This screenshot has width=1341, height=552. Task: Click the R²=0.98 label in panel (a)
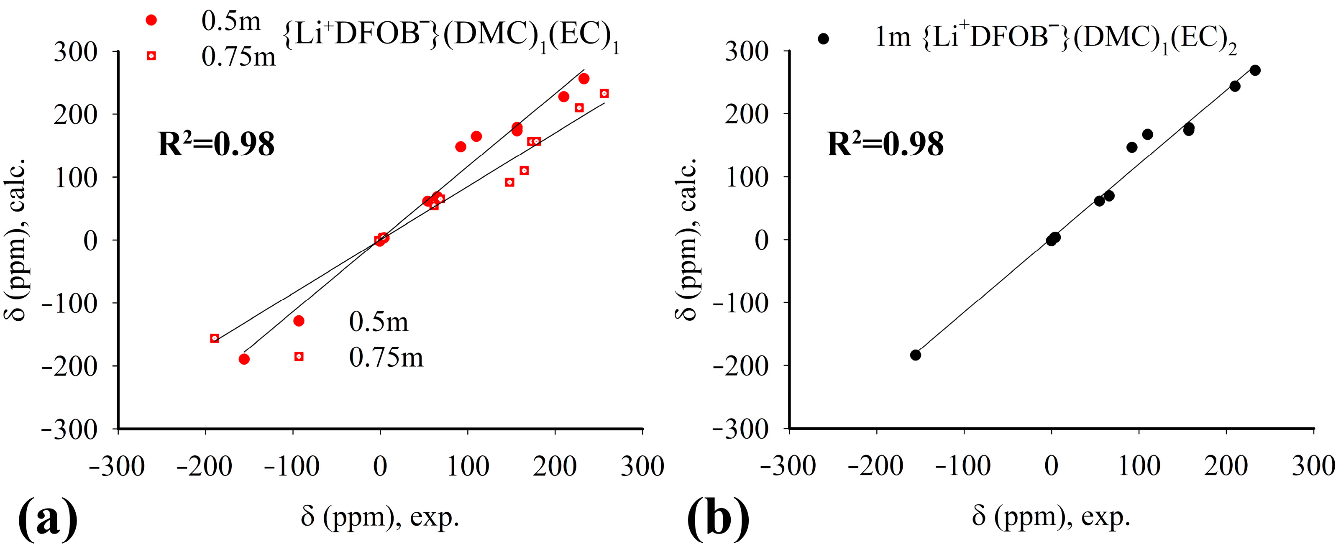[215, 145]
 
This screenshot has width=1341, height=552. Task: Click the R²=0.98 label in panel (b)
[885, 145]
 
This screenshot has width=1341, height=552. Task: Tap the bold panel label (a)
[48, 520]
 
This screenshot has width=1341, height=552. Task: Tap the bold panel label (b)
[719, 520]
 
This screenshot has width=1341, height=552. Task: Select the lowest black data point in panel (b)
[916, 355]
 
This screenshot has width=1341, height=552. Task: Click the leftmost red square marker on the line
[215, 338]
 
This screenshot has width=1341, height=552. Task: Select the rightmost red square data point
[604, 94]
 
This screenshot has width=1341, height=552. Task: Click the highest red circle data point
[584, 79]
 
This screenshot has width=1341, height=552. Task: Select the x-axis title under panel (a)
[380, 516]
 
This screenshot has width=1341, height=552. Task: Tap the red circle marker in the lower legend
[299, 321]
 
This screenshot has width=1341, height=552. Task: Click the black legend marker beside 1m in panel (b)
[823, 38]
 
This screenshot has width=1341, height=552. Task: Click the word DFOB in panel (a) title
[377, 34]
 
